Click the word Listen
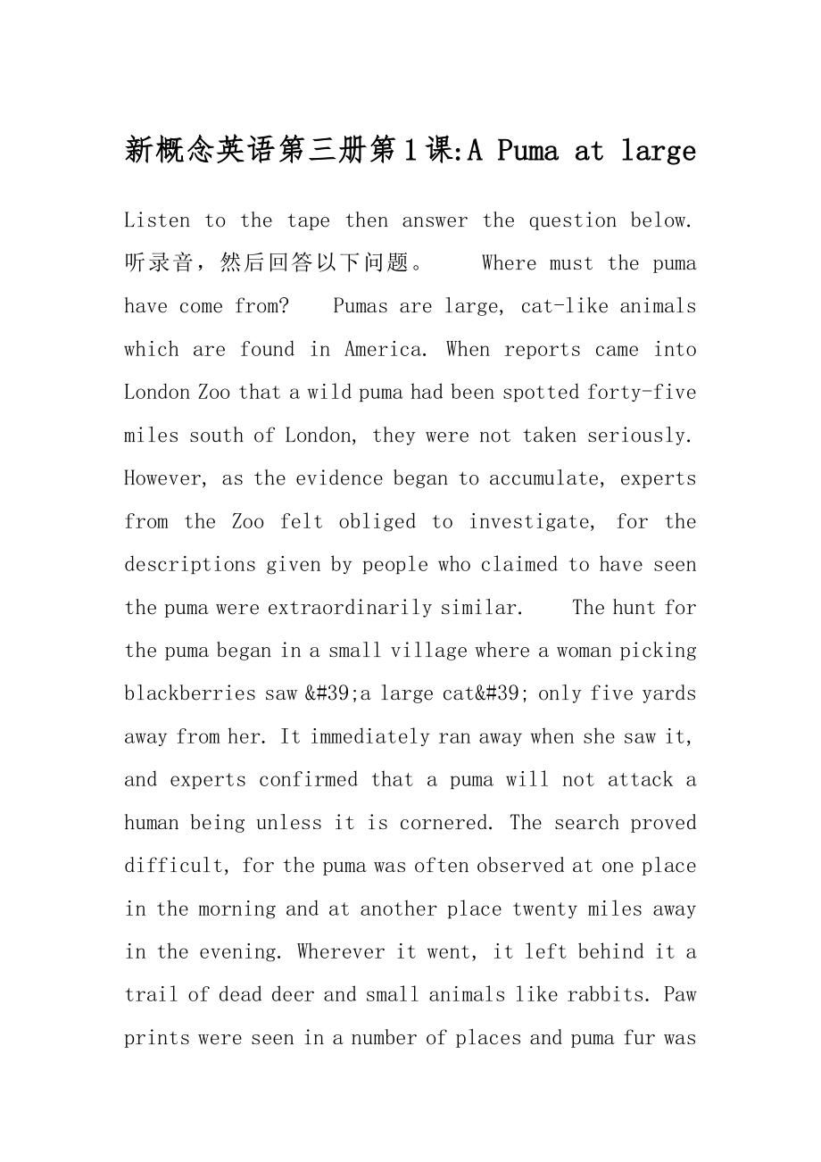pyautogui.click(x=157, y=220)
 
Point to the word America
pyautogui.click(x=383, y=350)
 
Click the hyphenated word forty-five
pyautogui.click(x=643, y=393)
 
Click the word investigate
pyautogui.click(x=531, y=522)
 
